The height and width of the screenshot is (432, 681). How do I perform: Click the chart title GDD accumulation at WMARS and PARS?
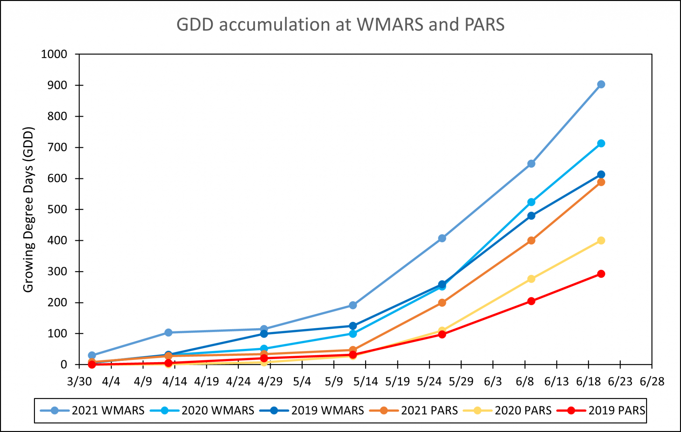click(340, 25)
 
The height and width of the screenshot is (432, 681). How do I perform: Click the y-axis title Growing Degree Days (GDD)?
click(29, 210)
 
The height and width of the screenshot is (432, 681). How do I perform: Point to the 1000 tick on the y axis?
click(54, 54)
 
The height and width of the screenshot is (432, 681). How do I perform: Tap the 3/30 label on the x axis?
click(79, 381)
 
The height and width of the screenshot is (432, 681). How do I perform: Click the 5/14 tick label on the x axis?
click(365, 381)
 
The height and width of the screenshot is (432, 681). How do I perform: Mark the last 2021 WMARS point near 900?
click(601, 84)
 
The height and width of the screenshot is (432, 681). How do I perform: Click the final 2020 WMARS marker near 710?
click(601, 143)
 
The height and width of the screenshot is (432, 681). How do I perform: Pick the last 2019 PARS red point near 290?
click(601, 274)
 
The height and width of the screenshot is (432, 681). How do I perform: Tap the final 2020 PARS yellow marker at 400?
click(601, 240)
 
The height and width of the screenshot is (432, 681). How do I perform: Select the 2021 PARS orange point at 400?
click(531, 240)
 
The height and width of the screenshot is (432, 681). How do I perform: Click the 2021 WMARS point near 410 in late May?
click(442, 238)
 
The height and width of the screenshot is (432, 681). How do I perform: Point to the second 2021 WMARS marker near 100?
click(168, 333)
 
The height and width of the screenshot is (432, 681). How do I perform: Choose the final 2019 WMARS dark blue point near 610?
click(601, 175)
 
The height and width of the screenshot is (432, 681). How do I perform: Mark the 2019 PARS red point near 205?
click(531, 301)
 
